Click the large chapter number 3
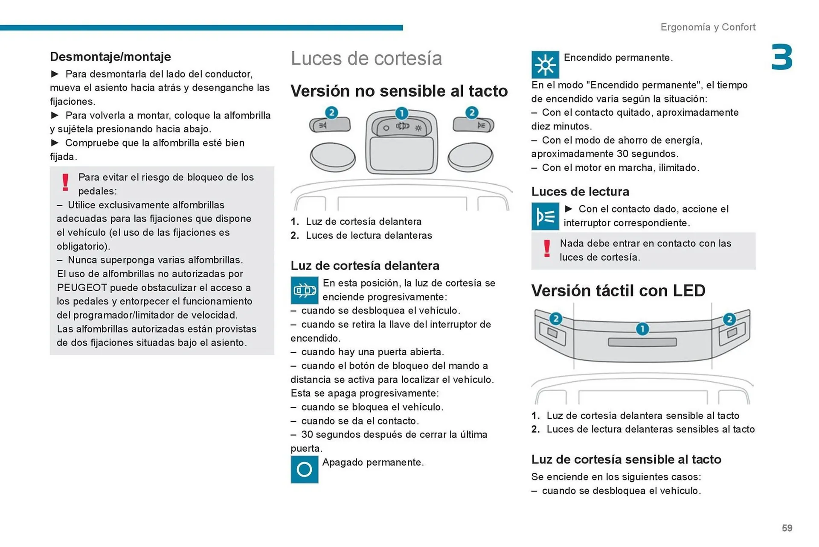click(x=781, y=57)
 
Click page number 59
click(x=787, y=528)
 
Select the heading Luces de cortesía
click(x=366, y=59)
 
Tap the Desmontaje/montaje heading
click(x=110, y=56)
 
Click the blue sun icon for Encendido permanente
click(x=545, y=64)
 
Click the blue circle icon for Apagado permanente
click(x=304, y=469)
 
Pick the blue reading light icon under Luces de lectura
click(x=545, y=216)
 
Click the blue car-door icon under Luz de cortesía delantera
click(x=304, y=290)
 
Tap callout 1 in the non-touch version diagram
click(x=401, y=113)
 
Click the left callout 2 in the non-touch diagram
click(x=331, y=112)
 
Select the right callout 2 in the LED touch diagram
click(x=729, y=319)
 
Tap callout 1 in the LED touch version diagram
click(x=642, y=329)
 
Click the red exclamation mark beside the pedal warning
click(x=65, y=182)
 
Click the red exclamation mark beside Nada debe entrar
click(x=546, y=249)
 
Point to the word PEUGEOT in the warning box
click(x=82, y=287)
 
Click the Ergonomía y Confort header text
click(x=708, y=27)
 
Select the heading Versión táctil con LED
click(x=618, y=291)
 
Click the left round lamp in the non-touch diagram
click(x=332, y=157)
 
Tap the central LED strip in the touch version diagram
click(x=642, y=342)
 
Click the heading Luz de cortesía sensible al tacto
click(x=626, y=459)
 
